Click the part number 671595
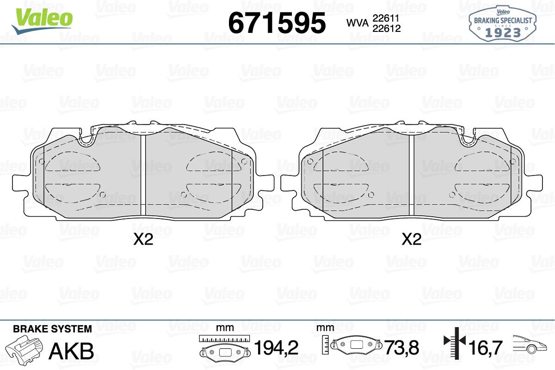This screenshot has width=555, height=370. pos(277,23)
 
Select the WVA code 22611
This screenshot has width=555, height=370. pos(386,18)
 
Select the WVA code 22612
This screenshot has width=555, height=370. pos(387,29)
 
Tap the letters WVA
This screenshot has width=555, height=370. pos(358,23)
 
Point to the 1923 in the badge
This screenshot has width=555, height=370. pos(503,32)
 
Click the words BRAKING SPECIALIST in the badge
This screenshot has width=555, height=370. pos(503,20)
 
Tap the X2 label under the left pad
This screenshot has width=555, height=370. pos(143,239)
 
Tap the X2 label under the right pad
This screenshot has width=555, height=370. pos(412,239)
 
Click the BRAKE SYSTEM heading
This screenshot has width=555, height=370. pos(52,329)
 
